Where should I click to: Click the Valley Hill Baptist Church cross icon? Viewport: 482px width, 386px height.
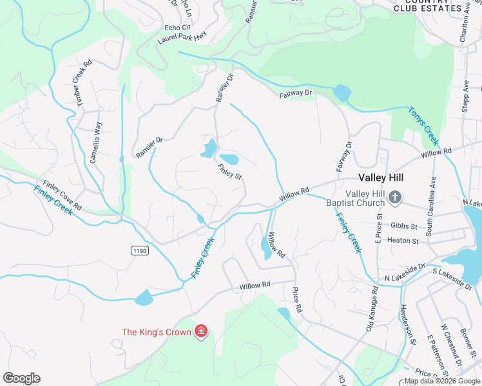396,197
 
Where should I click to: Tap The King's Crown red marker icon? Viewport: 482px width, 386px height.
201,332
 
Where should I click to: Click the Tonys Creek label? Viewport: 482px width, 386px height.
423,125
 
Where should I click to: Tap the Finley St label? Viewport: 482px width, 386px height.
229,173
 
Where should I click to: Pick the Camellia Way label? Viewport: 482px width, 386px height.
95,143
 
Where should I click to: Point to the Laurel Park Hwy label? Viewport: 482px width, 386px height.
182,39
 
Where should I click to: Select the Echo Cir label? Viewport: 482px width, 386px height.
178,28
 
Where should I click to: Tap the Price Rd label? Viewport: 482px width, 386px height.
297,299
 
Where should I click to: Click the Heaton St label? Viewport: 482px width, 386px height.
403,241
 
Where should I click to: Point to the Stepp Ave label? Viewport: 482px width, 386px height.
465,97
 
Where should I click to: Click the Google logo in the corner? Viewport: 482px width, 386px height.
21,378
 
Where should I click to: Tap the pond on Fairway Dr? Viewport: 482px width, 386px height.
342,94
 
